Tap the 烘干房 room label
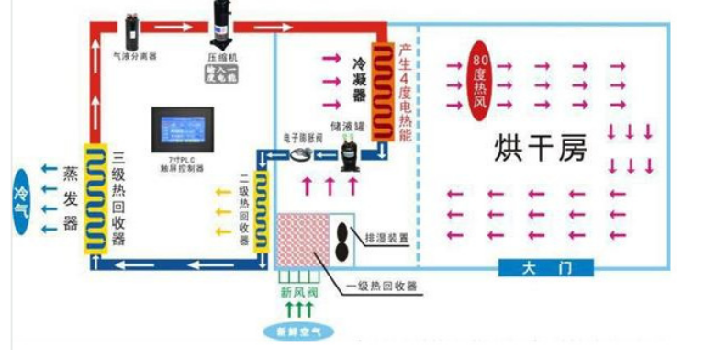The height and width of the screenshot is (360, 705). [x=541, y=146]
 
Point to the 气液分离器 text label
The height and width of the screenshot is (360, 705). [x=134, y=56]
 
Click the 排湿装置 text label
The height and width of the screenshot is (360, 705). [x=386, y=237]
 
